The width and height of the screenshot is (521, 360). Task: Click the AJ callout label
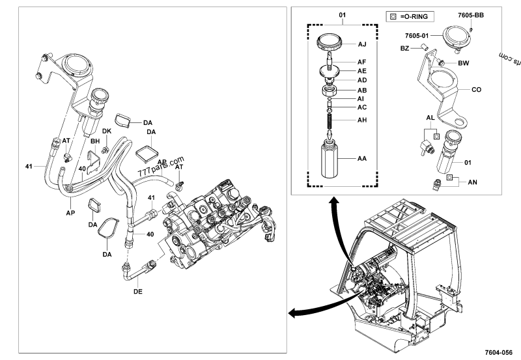[x=362, y=45]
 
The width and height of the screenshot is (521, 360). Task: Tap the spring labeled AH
[x=331, y=120]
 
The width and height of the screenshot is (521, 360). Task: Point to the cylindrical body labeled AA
[x=331, y=158]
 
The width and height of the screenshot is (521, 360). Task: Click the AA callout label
[x=362, y=158]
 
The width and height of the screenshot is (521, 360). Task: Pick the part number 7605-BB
[x=470, y=14]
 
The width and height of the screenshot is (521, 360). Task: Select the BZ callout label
[x=404, y=48]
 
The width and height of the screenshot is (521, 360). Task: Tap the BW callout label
[x=463, y=63]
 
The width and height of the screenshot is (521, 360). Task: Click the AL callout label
[x=430, y=118]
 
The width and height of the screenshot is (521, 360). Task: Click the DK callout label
[x=107, y=132]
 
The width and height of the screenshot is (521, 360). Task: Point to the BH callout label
[x=95, y=141]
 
